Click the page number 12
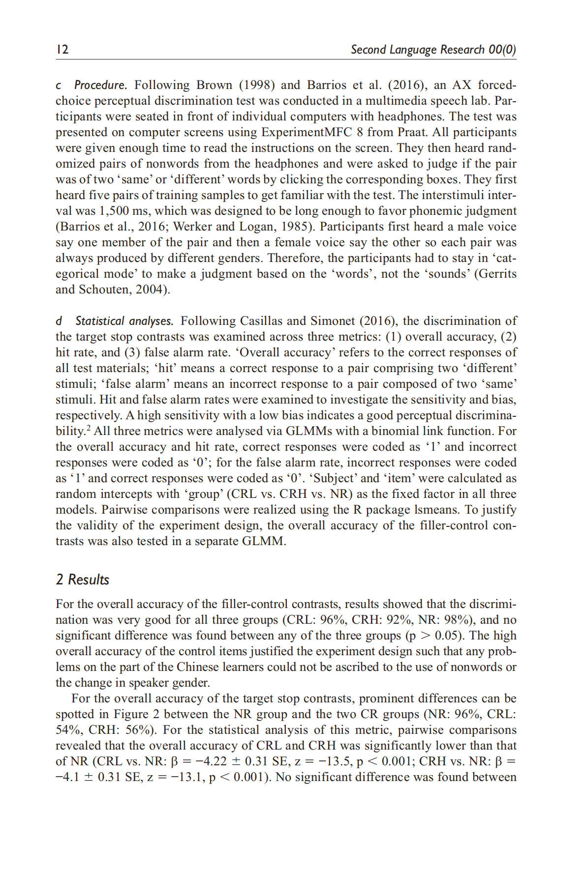coord(62,50)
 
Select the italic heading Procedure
coord(100,85)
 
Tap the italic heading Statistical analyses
coord(124,321)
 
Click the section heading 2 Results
coord(82,579)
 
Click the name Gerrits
coord(495,274)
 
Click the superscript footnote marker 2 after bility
coord(89,428)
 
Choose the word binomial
coord(395,431)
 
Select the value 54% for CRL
coord(66,730)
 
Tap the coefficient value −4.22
coord(211,761)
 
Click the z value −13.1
coord(183,777)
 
